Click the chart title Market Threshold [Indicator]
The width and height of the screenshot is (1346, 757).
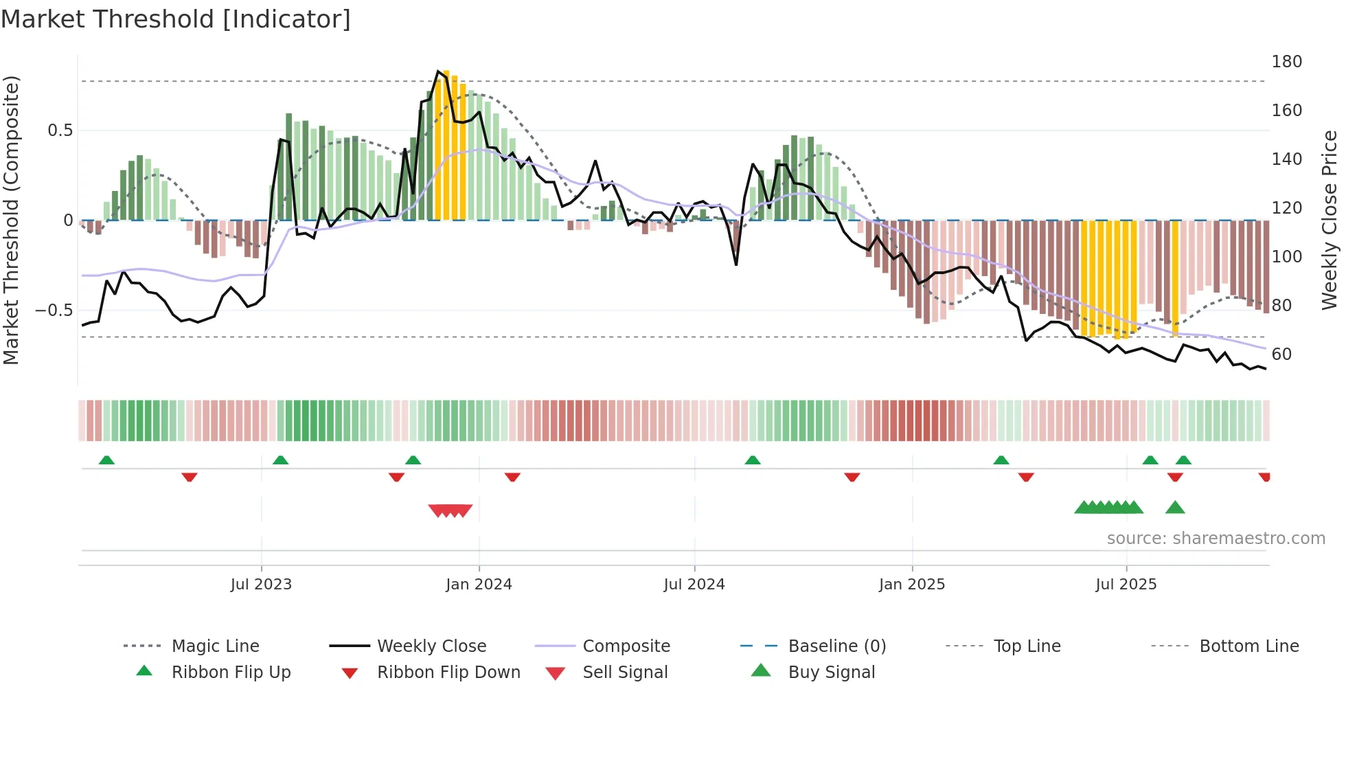(x=176, y=19)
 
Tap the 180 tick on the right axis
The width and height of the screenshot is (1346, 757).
(x=1286, y=62)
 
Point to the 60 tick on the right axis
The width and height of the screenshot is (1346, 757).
(x=1281, y=354)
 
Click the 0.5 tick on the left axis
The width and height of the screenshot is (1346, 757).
(x=60, y=131)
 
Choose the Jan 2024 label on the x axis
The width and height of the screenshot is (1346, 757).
(x=479, y=585)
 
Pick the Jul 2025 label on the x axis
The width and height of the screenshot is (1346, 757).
(x=1126, y=585)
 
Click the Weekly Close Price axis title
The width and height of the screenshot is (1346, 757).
(x=1330, y=220)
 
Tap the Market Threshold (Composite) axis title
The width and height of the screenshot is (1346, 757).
(x=11, y=220)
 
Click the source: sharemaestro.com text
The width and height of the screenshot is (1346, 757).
(x=1216, y=539)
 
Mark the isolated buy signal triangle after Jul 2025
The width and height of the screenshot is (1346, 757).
(x=1175, y=508)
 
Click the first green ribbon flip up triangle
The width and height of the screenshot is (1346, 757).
(x=106, y=460)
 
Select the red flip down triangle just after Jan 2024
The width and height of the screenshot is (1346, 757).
(x=512, y=477)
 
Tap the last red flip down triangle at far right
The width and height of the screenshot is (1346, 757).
(x=1264, y=477)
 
